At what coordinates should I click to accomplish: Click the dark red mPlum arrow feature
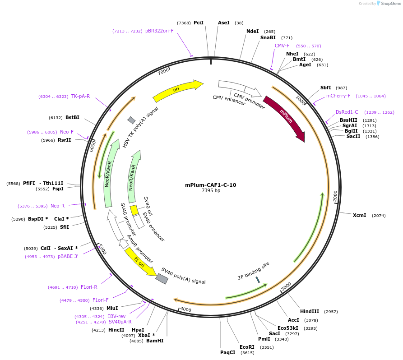click(285, 118)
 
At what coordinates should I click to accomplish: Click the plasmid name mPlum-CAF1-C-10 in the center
click(210, 185)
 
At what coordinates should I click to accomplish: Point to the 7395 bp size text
click(211, 191)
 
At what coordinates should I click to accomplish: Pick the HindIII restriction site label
click(310, 311)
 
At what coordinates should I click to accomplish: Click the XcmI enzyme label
click(359, 215)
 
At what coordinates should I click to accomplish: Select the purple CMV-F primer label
click(282, 46)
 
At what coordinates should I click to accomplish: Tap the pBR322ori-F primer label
click(159, 31)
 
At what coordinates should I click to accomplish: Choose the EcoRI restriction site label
click(247, 347)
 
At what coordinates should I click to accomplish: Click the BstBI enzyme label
click(72, 117)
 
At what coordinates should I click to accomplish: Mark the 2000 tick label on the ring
click(335, 196)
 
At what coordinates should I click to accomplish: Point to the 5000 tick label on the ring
click(102, 249)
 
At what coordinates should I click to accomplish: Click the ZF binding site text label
click(253, 271)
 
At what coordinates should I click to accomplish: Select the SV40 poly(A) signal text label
click(183, 276)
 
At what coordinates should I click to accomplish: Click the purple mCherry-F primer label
click(338, 96)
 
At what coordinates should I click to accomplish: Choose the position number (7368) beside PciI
click(184, 23)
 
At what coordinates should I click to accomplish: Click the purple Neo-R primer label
click(57, 206)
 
